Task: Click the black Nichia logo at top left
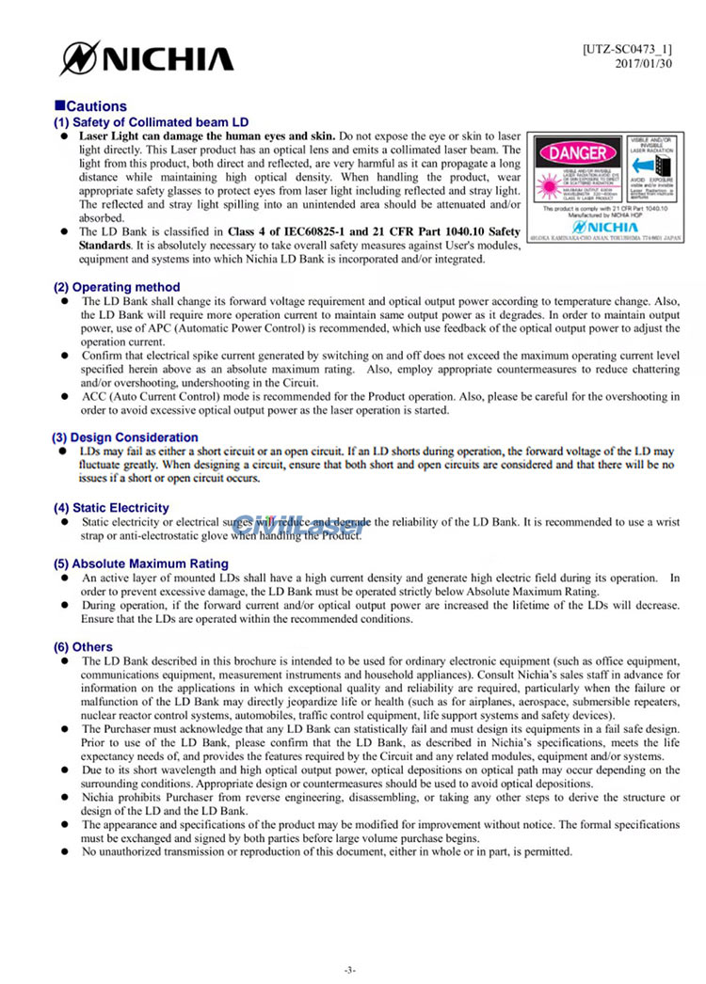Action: [x=146, y=59]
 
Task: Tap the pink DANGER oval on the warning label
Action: [x=571, y=151]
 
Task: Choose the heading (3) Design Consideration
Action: [x=124, y=437]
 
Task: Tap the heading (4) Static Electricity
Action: [x=111, y=508]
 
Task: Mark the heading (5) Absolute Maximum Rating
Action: [x=141, y=564]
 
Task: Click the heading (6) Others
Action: [x=83, y=647]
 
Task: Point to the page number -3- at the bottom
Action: [x=350, y=969]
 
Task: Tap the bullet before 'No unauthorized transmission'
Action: [x=65, y=852]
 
